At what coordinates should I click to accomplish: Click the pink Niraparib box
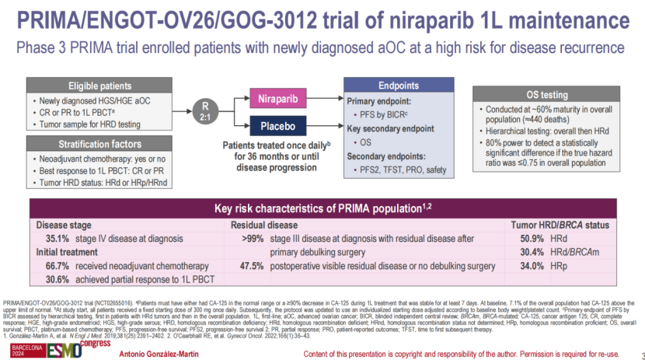tap(276, 100)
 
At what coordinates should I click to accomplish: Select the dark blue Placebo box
tap(276, 124)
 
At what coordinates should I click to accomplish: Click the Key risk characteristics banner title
tap(322, 208)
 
